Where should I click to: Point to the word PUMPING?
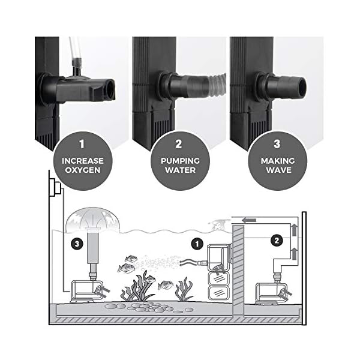[x=179, y=161]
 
